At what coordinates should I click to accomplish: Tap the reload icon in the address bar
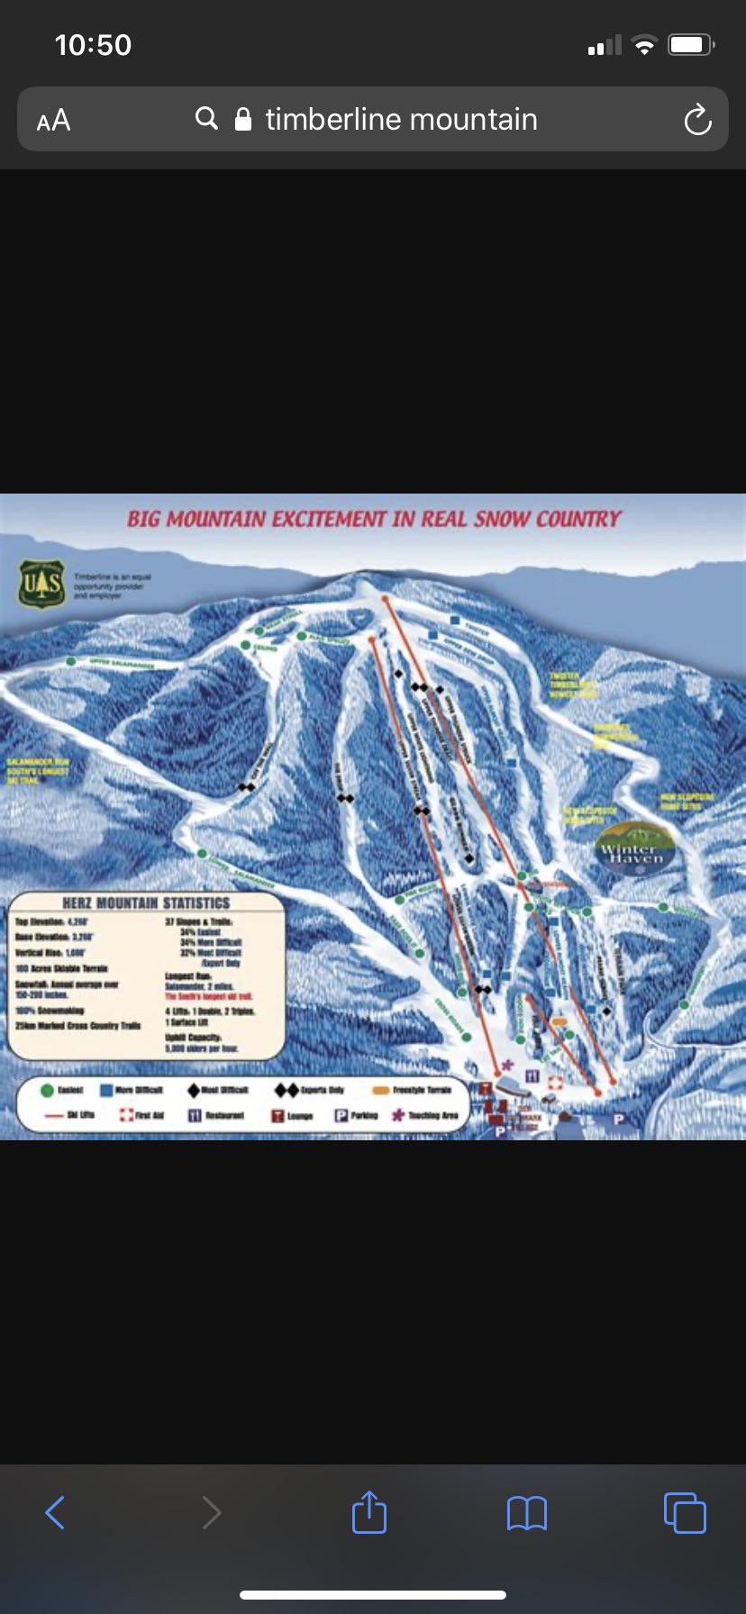(x=697, y=120)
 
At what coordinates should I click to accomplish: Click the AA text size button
(x=53, y=120)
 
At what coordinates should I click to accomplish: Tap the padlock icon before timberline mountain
(x=242, y=120)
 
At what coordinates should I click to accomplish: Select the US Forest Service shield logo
(x=42, y=584)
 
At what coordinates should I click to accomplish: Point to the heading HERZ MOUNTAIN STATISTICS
(x=146, y=902)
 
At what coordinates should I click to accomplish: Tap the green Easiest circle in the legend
(x=47, y=1091)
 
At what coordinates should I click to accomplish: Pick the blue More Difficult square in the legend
(x=106, y=1091)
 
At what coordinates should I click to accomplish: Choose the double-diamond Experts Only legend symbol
(x=287, y=1091)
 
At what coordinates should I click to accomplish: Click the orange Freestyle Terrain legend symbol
(x=380, y=1091)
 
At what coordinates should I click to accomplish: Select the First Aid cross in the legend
(x=126, y=1115)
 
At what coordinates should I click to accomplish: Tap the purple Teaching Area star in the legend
(x=397, y=1115)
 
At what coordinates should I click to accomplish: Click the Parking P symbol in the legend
(x=341, y=1115)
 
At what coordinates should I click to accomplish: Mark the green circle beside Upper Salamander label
(x=70, y=662)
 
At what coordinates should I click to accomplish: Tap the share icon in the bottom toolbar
(x=368, y=1512)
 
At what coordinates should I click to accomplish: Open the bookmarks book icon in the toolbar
(x=527, y=1513)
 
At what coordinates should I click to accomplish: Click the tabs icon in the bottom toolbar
(x=685, y=1512)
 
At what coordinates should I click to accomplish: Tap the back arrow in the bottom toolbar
(x=55, y=1512)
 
